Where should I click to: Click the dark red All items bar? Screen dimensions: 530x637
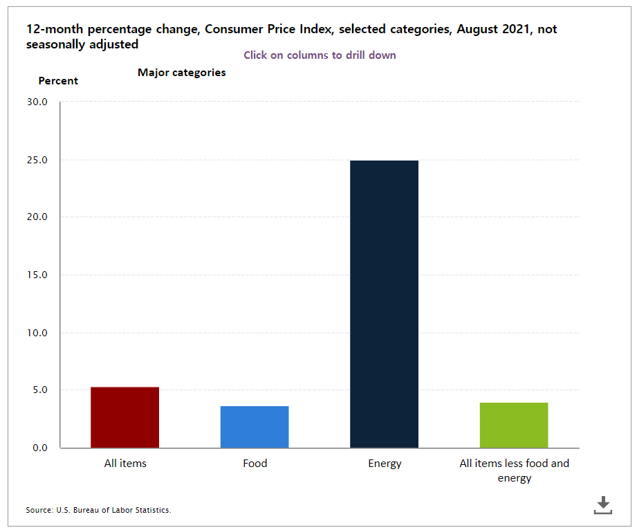(124, 417)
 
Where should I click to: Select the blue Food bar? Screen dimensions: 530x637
(255, 427)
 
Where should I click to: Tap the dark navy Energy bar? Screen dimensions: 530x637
(384, 304)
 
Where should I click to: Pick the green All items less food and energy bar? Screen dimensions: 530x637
(514, 425)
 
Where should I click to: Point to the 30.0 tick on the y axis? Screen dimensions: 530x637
(36, 102)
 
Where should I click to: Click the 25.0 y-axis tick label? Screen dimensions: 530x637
(36, 160)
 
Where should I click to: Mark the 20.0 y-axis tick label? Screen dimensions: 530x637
(36, 217)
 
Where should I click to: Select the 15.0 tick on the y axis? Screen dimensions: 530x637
(36, 275)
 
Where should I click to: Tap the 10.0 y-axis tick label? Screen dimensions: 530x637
(36, 333)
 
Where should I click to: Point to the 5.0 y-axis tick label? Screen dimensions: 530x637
(39, 390)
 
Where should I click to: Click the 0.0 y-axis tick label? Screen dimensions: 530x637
(39, 448)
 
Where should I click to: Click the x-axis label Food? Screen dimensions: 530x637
(255, 464)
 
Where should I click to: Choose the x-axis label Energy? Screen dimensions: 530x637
(385, 464)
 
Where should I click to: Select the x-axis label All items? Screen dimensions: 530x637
(125, 464)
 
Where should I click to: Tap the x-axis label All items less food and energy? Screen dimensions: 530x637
(514, 470)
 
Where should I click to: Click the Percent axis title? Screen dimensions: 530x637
(58, 81)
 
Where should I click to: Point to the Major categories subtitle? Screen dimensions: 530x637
(182, 73)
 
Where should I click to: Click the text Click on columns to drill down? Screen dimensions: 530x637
(320, 55)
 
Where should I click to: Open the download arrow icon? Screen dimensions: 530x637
(603, 505)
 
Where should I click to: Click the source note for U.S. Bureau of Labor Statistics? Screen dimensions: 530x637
(98, 510)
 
